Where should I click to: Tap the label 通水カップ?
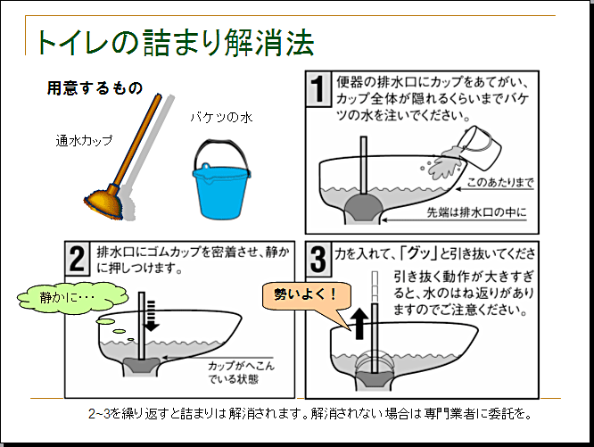[x=85, y=141]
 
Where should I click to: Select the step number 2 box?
[x=78, y=258]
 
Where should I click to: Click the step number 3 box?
[x=318, y=258]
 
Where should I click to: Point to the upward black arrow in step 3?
[x=360, y=324]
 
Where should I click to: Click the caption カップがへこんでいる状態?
[x=234, y=372]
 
